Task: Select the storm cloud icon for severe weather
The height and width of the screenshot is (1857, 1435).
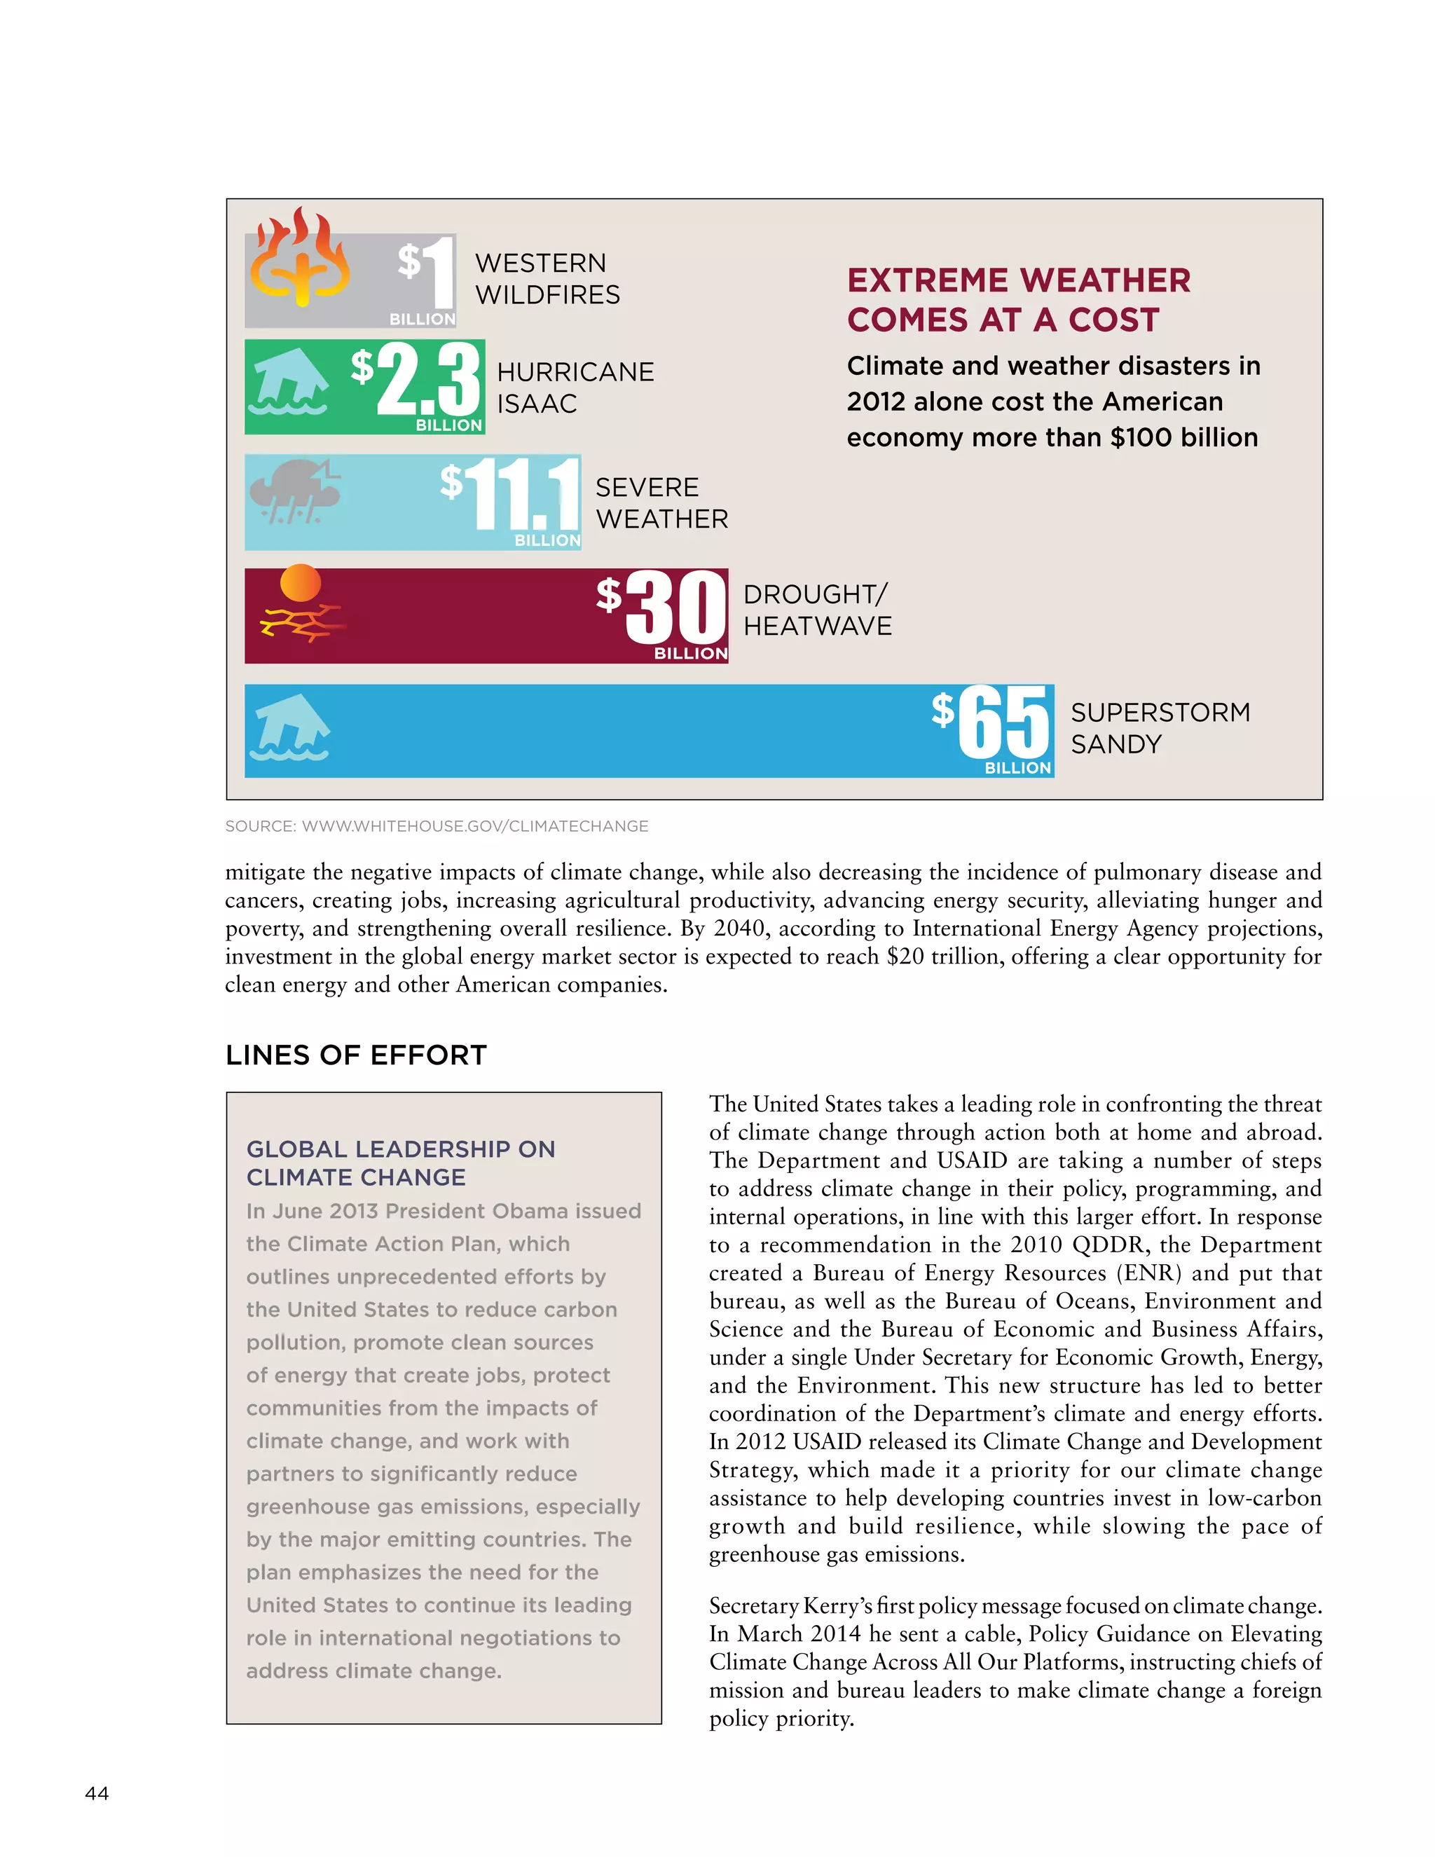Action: click(x=292, y=493)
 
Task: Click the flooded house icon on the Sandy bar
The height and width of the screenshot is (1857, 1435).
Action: click(x=289, y=727)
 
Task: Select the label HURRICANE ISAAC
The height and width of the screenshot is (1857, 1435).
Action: click(x=575, y=388)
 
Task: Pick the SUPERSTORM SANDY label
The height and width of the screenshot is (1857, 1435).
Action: click(x=1160, y=728)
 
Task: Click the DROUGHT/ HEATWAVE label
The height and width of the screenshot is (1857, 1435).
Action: click(x=817, y=610)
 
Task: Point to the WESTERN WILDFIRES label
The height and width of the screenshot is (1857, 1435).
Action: click(x=547, y=279)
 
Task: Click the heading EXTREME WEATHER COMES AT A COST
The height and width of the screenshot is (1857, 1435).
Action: click(x=1017, y=300)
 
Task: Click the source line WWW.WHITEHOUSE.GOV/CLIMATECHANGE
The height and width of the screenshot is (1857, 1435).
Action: click(x=436, y=826)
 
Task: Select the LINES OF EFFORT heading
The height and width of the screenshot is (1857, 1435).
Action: click(x=356, y=1055)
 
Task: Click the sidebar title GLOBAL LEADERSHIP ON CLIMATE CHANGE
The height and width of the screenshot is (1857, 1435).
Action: click(x=399, y=1163)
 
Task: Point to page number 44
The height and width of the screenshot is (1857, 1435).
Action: click(x=97, y=1793)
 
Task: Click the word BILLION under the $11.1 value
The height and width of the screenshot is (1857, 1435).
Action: click(x=547, y=541)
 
